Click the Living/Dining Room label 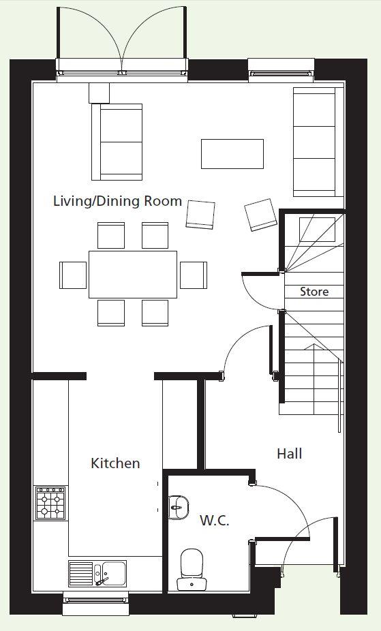pos(117,201)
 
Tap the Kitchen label pos(115,463)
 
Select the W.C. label pos(215,521)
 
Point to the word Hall pos(289,454)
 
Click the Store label pos(314,292)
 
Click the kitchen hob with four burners pos(51,503)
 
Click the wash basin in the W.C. pos(178,508)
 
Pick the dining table pos(133,275)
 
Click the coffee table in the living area pos(232,154)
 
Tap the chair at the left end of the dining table pos(73,275)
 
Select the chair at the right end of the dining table pos(194,275)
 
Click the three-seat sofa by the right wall pos(316,142)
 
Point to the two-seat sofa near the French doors pos(117,142)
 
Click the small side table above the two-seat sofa pos(99,93)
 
